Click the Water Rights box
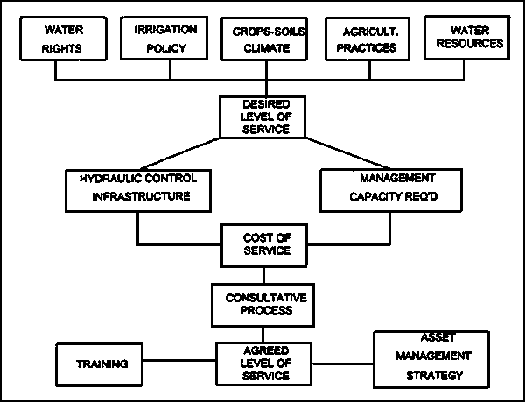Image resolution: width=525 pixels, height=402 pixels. tap(62, 40)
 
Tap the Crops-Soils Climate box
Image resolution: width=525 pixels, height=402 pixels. tap(262, 40)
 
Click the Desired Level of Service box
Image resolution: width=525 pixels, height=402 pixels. tap(262, 116)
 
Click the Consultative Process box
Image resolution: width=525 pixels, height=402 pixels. tap(262, 302)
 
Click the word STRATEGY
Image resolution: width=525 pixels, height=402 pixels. tap(433, 377)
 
